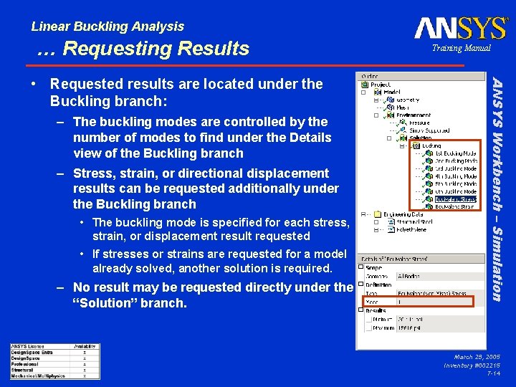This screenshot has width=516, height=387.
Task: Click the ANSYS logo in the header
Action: click(x=462, y=29)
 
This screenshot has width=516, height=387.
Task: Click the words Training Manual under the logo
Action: click(x=461, y=48)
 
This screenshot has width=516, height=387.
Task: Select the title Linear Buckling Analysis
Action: click(x=107, y=27)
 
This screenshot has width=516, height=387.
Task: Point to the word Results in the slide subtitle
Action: click(x=211, y=49)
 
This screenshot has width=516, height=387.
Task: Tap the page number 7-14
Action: click(x=493, y=373)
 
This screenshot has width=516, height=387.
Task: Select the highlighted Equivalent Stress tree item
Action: click(x=456, y=199)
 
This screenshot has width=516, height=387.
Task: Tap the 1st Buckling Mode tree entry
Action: click(x=456, y=153)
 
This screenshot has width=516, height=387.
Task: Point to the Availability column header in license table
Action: click(x=85, y=346)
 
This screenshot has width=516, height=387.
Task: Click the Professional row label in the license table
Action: click(x=26, y=363)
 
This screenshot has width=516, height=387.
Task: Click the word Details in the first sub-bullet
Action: click(x=310, y=138)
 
